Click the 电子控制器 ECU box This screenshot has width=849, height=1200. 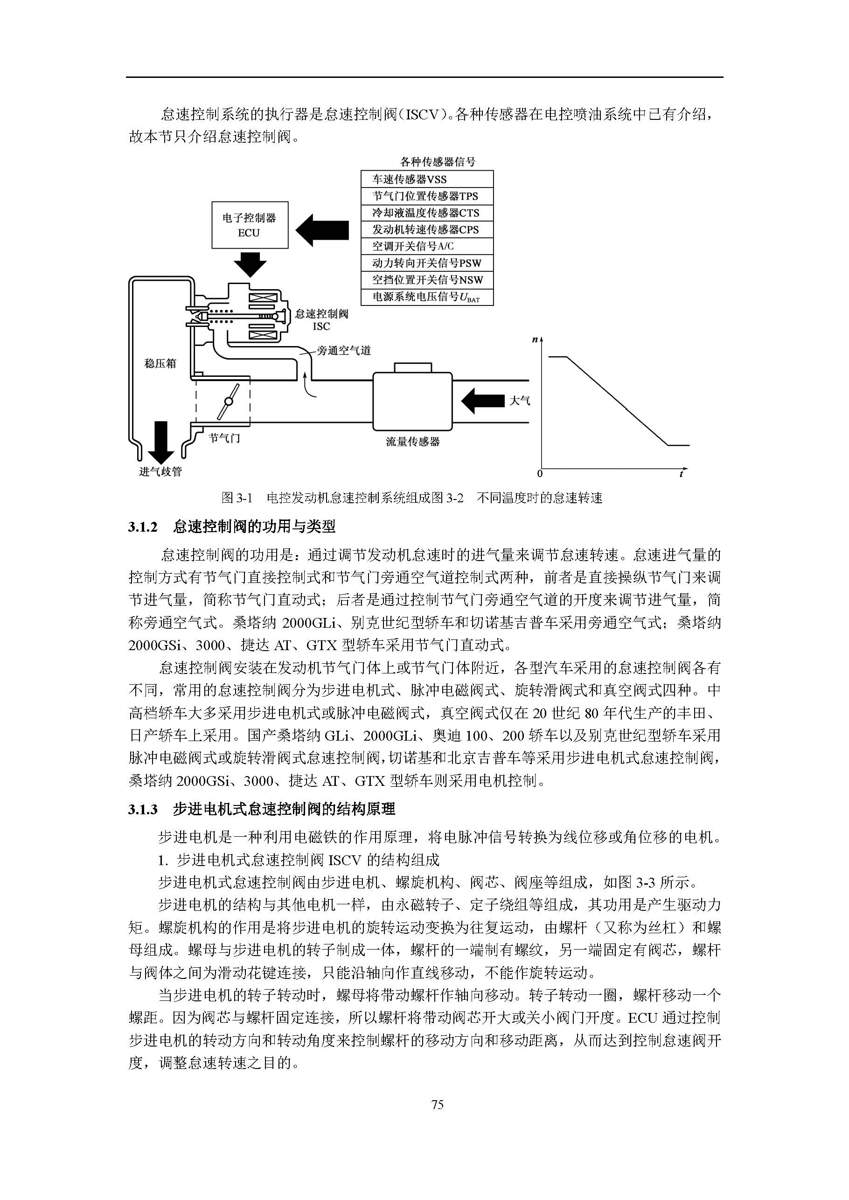pos(250,225)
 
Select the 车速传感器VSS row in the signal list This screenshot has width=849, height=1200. pos(426,179)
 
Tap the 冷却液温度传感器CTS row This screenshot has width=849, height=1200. pos(426,213)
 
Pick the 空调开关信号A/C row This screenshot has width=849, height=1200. pos(426,246)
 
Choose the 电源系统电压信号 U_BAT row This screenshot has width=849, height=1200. pos(426,297)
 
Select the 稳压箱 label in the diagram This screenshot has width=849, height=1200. pos(160,363)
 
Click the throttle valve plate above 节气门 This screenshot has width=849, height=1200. pos(229,402)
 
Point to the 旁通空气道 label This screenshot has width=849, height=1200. pos(343,350)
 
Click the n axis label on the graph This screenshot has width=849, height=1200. pos(535,340)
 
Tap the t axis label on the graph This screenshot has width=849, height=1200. pos(682,473)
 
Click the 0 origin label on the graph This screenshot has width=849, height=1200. pos(540,474)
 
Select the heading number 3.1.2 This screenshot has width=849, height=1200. pos(143,527)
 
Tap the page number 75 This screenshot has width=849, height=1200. pos(438,1104)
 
